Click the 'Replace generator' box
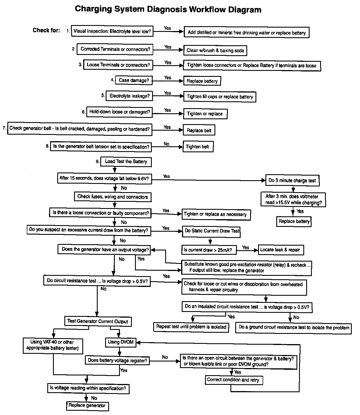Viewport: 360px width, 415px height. (87, 406)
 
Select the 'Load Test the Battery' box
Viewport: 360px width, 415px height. (126, 162)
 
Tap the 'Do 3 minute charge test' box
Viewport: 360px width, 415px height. (292, 180)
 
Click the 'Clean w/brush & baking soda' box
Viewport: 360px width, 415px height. (215, 50)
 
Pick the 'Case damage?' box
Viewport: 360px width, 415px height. (134, 81)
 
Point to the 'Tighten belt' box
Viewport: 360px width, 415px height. (198, 147)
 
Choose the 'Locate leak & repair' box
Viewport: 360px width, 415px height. (280, 250)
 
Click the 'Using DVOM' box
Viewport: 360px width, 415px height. (121, 342)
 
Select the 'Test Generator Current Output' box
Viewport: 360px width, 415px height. (98, 321)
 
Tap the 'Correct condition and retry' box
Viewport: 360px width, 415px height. (233, 380)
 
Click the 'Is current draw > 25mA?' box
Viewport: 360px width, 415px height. (210, 250)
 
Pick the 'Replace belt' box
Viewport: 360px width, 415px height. (199, 130)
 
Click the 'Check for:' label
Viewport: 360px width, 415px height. (46, 30)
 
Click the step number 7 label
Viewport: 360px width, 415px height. (4, 128)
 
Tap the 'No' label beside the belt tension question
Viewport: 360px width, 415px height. (167, 144)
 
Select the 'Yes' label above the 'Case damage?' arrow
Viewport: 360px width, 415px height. (168, 78)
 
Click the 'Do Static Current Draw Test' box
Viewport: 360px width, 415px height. (212, 231)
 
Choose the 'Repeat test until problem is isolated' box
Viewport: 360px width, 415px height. (191, 327)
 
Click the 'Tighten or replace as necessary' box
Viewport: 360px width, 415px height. (216, 214)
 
